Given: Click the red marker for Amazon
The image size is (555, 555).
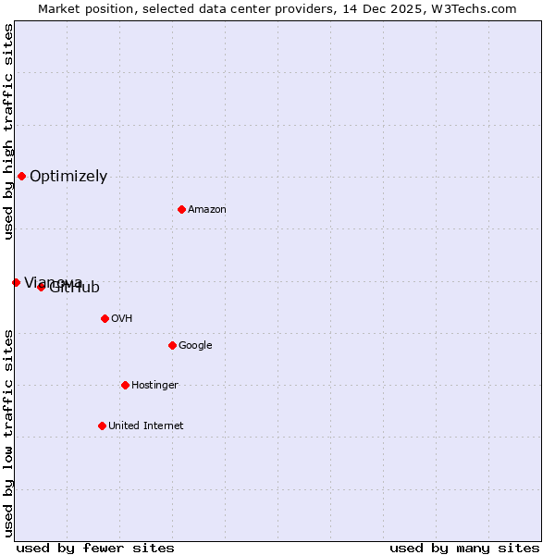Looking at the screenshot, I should pos(181,209).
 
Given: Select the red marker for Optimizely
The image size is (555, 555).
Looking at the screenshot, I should pos(21,176).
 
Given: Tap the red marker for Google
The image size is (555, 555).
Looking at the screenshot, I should pos(172,345).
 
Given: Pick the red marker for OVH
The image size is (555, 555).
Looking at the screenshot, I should pos(105,318).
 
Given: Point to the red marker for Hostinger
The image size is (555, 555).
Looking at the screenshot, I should pos(125,385).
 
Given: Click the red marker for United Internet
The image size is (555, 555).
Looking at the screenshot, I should pos(102,425).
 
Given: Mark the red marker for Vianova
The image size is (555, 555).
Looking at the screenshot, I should pos(16,282).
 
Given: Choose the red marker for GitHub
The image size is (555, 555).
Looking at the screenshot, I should pos(41,287).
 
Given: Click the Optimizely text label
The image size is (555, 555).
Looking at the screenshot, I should pos(68,176).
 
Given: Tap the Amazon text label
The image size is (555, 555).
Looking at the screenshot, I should pos(207,209).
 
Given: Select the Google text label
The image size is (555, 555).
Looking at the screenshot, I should pos(195,345).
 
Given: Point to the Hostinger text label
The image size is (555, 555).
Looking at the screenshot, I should pos(154,385).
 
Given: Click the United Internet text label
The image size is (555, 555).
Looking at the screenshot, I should pos(145,425).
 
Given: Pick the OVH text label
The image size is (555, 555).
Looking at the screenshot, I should pos(121,318).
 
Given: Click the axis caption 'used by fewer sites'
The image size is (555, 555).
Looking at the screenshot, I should pos(95,548).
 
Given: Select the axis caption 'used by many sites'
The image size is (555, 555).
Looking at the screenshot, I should pos(464,548).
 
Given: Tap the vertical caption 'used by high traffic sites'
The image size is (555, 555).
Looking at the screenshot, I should pos(8,131).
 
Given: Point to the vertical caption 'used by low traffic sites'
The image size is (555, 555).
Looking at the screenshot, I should pos(8,432).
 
